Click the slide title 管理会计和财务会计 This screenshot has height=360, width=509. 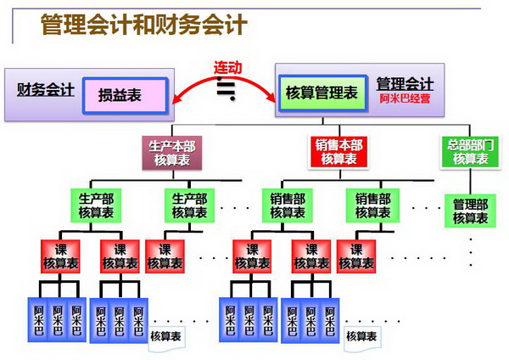click(143, 24)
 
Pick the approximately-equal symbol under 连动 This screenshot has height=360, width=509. click(227, 88)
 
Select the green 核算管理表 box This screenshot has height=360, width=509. click(321, 91)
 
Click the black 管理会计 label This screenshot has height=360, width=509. click(405, 84)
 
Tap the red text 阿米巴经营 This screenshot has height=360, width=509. click(406, 98)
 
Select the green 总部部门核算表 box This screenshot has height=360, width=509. click(469, 152)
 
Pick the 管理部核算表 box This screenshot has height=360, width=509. click(469, 211)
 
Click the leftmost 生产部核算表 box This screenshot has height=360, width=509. click(91, 205)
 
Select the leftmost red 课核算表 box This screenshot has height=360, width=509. click(60, 256)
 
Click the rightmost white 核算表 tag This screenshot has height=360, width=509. click(362, 337)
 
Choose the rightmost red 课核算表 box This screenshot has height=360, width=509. click(356, 256)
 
